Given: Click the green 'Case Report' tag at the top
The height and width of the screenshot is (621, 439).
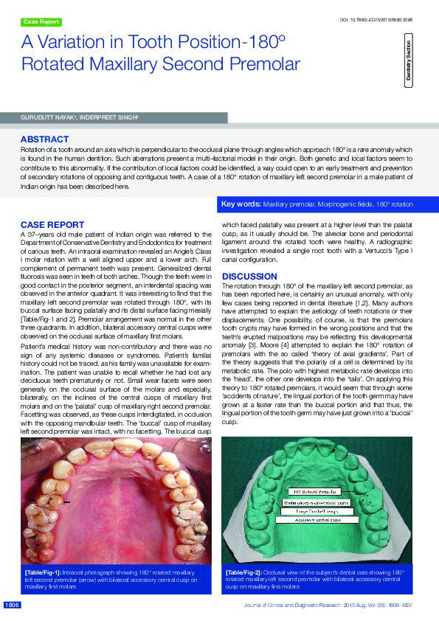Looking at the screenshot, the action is point(42,22).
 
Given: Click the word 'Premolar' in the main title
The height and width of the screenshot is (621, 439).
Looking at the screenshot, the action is point(266,64).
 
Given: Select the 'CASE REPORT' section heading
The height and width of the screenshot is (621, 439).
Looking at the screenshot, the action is point(52,224).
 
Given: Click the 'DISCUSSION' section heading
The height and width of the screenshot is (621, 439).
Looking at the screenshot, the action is point(249,277).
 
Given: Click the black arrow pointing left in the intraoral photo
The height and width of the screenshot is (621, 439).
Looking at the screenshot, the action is point(66,502).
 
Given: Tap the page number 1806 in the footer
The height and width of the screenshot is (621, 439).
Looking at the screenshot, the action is point(12,605).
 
